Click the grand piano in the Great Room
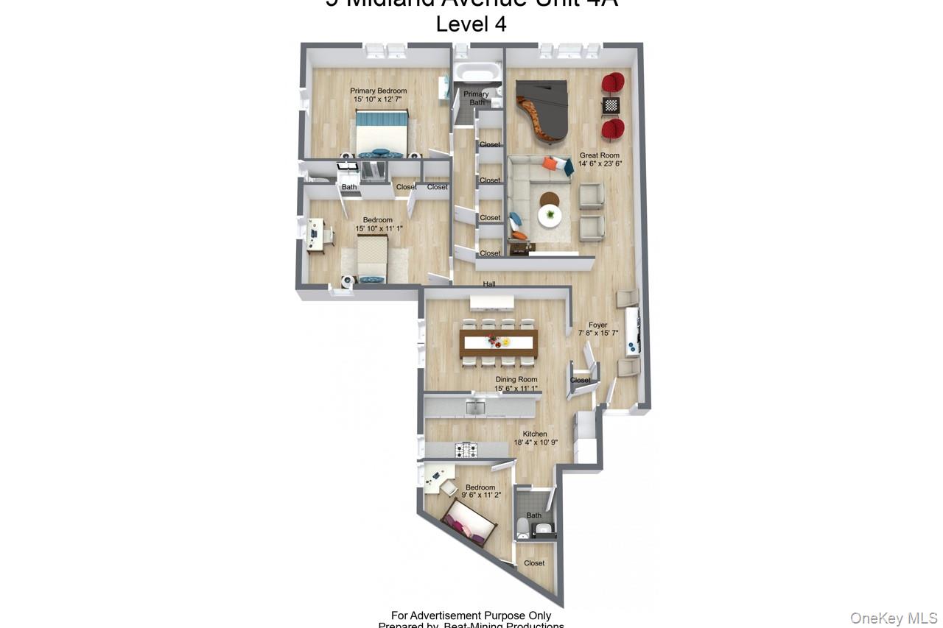[x=544, y=110]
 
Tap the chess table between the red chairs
[x=611, y=105]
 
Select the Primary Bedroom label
[x=379, y=91]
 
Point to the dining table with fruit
[x=499, y=342]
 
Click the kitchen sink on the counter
[x=476, y=406]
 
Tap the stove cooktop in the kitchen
[x=466, y=449]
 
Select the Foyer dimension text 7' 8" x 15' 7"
[x=597, y=333]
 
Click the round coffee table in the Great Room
[x=550, y=215]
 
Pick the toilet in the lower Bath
[x=522, y=526]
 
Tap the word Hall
[x=489, y=284]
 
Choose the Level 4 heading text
[x=471, y=24]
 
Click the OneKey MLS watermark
[x=894, y=618]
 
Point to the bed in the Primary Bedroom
[x=381, y=134]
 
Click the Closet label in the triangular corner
[x=534, y=563]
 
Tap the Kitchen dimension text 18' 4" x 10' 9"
[x=536, y=442]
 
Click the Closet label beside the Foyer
[x=581, y=381]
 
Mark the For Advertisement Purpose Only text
[x=471, y=615]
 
